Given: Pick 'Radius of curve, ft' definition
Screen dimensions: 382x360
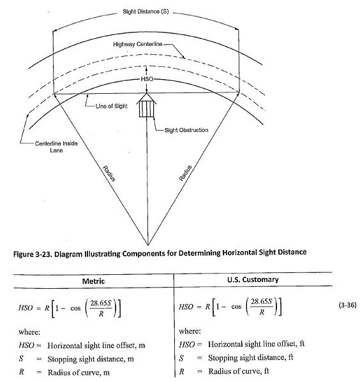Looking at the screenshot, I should [234, 371].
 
